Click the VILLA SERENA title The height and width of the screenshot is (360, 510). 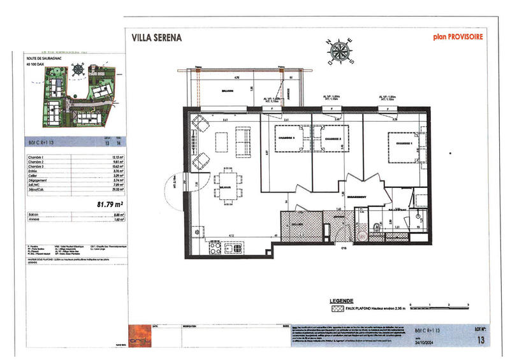pos(156,37)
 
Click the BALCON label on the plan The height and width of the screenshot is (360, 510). pos(221,92)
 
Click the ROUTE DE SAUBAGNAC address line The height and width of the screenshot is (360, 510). pos(43,57)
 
